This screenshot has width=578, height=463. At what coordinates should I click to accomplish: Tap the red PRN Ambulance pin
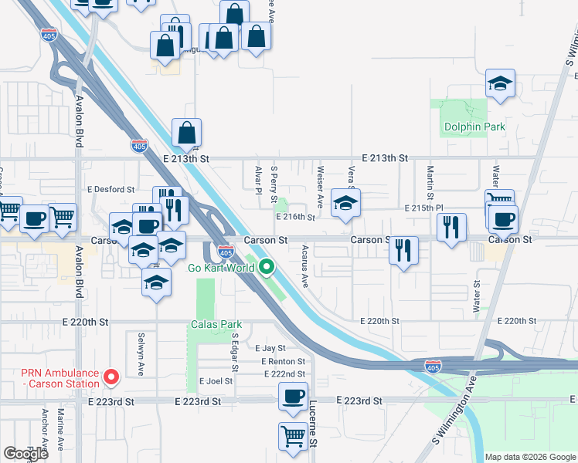click(x=111, y=377)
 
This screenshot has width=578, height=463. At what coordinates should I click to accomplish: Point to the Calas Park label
click(x=216, y=324)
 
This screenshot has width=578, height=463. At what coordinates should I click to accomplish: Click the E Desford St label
click(x=111, y=189)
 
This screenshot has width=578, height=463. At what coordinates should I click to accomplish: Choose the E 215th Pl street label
click(x=425, y=208)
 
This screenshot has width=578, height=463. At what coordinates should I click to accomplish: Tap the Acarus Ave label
click(x=305, y=267)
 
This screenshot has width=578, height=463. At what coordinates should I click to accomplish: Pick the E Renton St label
click(x=283, y=361)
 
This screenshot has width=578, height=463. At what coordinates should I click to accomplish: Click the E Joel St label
click(x=216, y=381)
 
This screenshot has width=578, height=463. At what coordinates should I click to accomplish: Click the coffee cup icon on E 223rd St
click(x=293, y=397)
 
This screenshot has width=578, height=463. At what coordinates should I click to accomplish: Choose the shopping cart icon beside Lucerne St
click(x=293, y=437)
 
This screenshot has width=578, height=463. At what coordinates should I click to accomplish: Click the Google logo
click(x=25, y=454)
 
